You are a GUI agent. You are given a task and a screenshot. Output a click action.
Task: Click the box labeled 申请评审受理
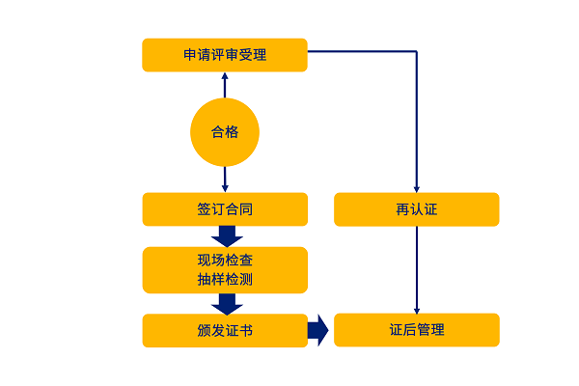point(224,55)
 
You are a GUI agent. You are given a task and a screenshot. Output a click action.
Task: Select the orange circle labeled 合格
point(225,132)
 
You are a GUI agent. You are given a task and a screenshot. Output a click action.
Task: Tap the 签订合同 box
point(224,209)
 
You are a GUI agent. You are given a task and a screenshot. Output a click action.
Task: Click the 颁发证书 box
point(224,330)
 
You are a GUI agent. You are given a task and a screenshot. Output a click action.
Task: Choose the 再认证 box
point(416,209)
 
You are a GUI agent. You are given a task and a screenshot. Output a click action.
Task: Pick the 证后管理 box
point(416,330)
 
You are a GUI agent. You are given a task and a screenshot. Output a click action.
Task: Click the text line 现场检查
point(225,261)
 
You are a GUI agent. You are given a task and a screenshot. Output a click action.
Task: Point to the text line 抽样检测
point(225,280)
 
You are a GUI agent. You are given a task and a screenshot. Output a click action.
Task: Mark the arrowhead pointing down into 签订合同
point(225,187)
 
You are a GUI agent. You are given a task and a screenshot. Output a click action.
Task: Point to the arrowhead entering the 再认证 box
point(416,188)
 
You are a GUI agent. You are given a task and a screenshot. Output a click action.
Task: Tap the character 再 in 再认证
point(402,209)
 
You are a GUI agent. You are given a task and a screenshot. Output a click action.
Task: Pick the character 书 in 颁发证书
point(246,330)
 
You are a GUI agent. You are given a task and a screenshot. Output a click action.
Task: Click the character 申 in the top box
point(190,55)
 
